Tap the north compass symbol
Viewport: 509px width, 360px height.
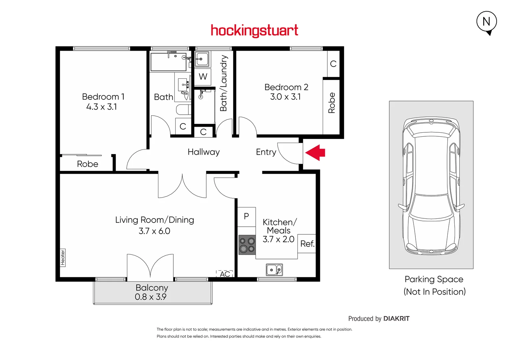tap(486, 22)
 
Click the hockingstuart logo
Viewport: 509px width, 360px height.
tap(254, 31)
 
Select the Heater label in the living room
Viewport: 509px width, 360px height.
tap(63, 258)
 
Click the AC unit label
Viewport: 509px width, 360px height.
tap(225, 274)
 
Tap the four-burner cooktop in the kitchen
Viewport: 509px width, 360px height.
tap(247, 245)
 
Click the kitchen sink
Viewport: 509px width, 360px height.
tap(274, 270)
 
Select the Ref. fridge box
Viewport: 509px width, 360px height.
tap(307, 244)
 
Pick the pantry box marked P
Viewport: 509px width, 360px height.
tap(246, 217)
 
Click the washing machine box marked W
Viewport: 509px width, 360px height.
tap(203, 77)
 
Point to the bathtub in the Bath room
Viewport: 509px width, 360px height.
tap(168, 61)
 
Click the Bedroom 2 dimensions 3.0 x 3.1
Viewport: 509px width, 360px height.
tap(286, 97)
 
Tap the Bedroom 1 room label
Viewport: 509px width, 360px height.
tap(103, 97)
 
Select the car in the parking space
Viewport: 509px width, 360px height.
tap(431, 185)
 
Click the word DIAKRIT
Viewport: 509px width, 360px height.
tap(396, 319)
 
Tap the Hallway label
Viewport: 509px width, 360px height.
tap(204, 152)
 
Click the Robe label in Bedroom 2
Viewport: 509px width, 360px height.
tap(331, 103)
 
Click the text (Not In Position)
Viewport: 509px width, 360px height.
tap(434, 292)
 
